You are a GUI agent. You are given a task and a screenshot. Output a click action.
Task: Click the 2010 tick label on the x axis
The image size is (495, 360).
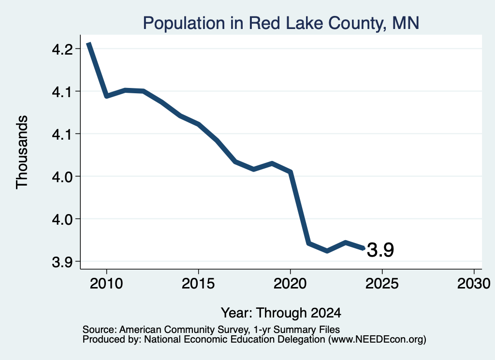click(x=106, y=283)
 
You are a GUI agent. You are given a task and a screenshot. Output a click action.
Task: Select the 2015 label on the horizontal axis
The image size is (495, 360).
click(x=198, y=283)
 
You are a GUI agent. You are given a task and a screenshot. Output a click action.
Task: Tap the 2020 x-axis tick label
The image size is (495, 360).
click(x=290, y=283)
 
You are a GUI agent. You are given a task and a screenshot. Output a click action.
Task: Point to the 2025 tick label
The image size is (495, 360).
click(x=382, y=283)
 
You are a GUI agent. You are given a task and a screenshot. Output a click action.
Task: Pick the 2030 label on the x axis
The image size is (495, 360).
click(x=474, y=283)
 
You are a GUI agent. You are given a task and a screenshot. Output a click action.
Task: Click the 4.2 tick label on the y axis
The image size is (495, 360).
click(x=62, y=49)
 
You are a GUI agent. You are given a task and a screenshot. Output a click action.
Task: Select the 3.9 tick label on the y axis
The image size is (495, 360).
click(x=62, y=262)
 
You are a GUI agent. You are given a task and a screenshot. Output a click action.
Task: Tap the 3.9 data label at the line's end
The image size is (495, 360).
click(x=380, y=250)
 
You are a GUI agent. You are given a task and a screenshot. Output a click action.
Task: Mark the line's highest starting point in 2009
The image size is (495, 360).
click(x=89, y=43)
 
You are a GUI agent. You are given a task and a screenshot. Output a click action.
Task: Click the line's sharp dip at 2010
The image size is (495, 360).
click(x=107, y=96)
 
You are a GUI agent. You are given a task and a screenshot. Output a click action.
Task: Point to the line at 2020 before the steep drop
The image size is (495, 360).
click(x=291, y=172)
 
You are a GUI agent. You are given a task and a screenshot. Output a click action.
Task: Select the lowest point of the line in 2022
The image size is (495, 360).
click(x=327, y=251)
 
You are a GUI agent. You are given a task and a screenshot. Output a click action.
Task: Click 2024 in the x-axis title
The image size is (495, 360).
click(x=326, y=313)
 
